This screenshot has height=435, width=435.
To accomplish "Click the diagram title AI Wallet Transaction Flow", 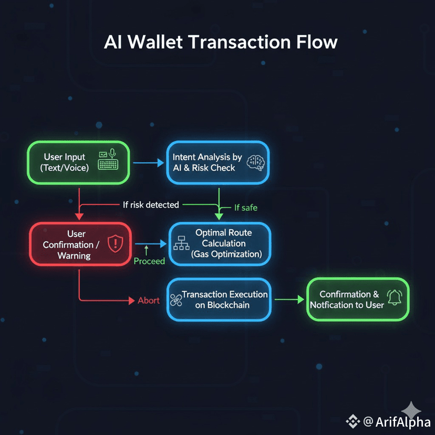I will (221, 42).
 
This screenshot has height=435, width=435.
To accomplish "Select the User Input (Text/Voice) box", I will (79, 162).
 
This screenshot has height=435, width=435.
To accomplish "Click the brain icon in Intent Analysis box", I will (256, 162).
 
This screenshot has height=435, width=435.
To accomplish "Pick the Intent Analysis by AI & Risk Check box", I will (217, 162).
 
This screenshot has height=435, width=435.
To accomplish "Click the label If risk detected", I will (151, 204).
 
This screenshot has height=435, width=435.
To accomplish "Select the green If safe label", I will (245, 208).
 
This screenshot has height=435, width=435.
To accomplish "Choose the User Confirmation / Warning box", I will (79, 245).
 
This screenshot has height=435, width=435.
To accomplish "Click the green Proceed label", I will (149, 261).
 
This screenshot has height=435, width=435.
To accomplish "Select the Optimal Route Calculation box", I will (219, 243).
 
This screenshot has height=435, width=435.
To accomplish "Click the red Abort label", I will (149, 301).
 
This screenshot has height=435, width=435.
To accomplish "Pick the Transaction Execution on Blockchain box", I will (219, 299).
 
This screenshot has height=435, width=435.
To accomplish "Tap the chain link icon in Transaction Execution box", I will (176, 300).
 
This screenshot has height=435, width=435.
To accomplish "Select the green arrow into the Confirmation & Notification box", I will (289, 299).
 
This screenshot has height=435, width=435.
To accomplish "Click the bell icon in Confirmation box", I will (393, 298).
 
